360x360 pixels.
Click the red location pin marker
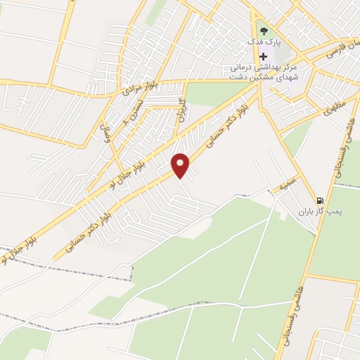click(x=182, y=165)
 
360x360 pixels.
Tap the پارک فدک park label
click(x=264, y=43)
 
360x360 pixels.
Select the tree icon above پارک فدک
click(x=264, y=31)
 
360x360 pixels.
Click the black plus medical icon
click(x=264, y=56)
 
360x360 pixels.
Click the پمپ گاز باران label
click(x=337, y=210)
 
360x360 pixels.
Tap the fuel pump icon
click(x=321, y=200)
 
